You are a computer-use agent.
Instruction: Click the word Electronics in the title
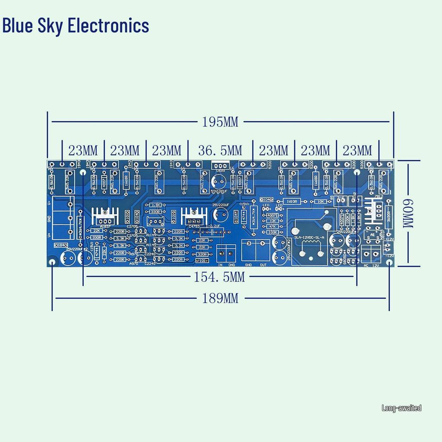(109, 25)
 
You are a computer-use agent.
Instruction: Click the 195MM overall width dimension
(220, 122)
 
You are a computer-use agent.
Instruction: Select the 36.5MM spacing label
(220, 151)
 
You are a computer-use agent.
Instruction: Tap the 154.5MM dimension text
(219, 278)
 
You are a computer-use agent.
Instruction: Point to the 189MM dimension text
(220, 298)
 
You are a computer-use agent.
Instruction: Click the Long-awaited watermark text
(401, 407)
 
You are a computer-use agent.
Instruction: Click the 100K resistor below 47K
(272, 232)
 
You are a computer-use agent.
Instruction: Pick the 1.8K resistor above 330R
(155, 205)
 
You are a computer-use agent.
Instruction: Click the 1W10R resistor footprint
(292, 201)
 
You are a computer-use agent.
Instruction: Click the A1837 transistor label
(105, 226)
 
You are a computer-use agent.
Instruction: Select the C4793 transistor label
(194, 226)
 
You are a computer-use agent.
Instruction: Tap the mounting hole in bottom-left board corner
(52, 262)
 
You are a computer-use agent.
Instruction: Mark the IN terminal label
(220, 265)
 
